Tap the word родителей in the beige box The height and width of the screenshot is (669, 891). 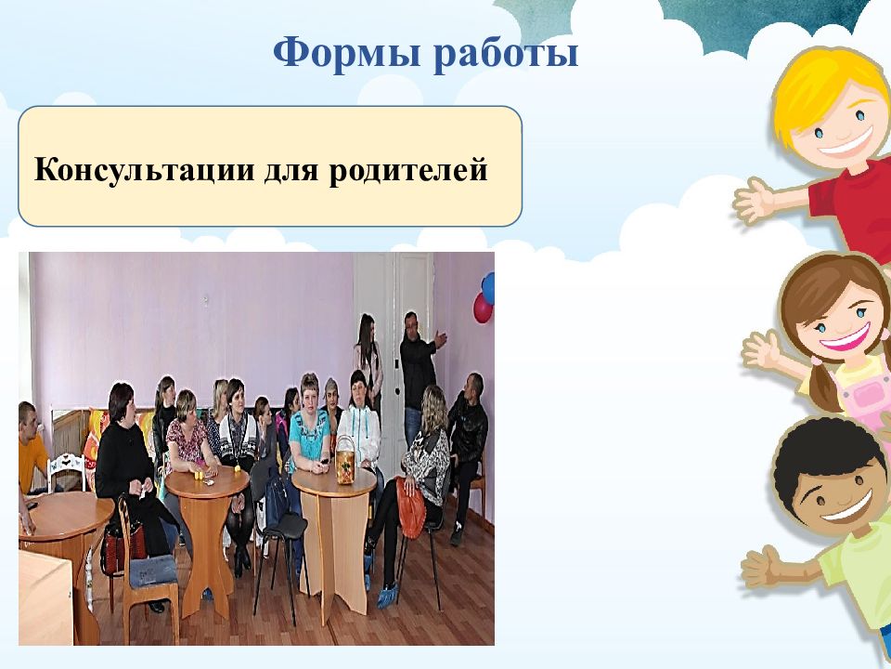(408, 169)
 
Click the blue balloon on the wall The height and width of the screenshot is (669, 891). (488, 288)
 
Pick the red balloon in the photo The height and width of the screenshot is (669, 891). (483, 308)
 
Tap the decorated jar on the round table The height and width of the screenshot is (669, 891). (345, 460)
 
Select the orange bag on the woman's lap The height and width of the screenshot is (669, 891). (411, 507)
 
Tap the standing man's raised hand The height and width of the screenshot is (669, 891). (440, 339)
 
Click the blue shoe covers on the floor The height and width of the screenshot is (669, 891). (388, 595)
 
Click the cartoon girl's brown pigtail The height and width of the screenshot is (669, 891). (823, 388)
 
